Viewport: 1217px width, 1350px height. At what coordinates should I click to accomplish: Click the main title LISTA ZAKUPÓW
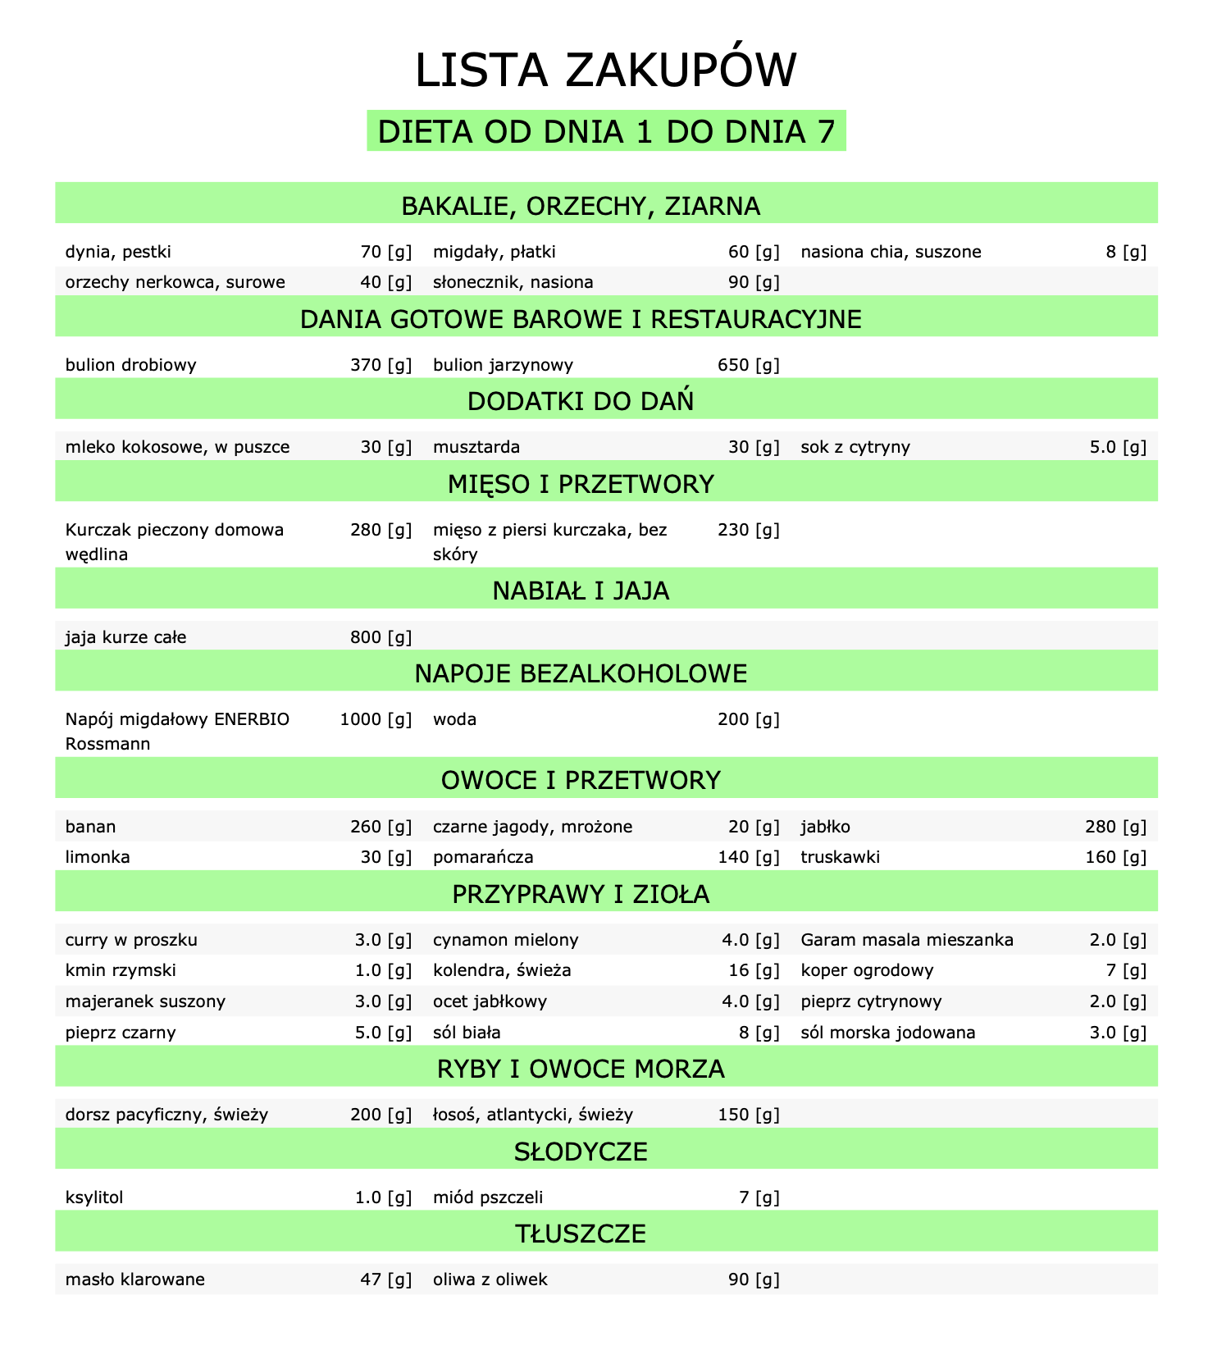(605, 71)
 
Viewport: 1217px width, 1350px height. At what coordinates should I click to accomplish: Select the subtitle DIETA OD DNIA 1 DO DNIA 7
(605, 132)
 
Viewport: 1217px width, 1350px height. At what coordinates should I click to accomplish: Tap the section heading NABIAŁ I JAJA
(581, 591)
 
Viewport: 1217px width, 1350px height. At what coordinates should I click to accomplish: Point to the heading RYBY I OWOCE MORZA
(581, 1069)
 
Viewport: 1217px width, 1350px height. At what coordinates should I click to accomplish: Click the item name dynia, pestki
(118, 252)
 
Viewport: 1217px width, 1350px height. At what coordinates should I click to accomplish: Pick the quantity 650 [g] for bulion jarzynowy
(748, 365)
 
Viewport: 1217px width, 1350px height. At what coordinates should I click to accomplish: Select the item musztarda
(476, 447)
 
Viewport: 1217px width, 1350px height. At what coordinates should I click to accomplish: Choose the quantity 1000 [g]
(375, 719)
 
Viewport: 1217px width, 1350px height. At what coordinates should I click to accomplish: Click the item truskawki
(840, 858)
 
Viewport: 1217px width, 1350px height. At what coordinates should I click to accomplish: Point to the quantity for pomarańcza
(748, 858)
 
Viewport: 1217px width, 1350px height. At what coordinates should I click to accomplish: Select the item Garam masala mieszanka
(906, 940)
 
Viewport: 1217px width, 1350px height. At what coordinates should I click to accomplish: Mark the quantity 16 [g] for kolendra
(753, 971)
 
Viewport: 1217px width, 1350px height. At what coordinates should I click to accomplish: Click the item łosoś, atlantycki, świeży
(532, 1115)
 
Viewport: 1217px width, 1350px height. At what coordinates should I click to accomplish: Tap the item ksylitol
(93, 1197)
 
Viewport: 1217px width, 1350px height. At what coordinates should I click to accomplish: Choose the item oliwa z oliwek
(490, 1279)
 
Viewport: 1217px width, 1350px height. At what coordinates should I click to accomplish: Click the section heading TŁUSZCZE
(581, 1233)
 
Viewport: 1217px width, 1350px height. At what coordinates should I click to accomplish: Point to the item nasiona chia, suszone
(890, 252)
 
